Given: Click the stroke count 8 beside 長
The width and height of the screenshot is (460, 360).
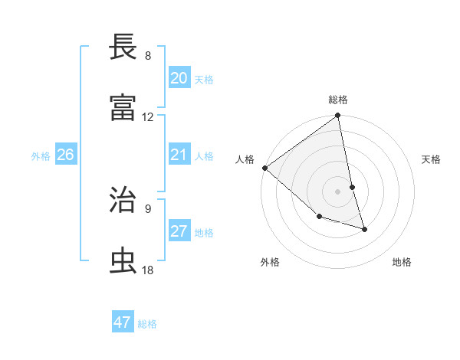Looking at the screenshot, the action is click(148, 56).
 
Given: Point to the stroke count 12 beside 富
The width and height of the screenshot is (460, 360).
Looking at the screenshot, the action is click(148, 117).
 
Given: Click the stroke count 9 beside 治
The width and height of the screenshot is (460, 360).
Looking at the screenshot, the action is click(148, 208).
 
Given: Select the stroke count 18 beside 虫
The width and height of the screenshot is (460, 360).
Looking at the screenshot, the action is click(148, 270).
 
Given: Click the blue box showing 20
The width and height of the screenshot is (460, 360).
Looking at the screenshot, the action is click(179, 78).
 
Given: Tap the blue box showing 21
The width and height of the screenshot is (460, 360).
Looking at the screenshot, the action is click(179, 155).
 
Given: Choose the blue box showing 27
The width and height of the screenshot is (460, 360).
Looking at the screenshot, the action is click(179, 231).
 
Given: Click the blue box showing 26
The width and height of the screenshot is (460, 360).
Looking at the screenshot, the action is click(65, 155).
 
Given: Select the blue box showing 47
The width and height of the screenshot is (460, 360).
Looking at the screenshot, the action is click(123, 322).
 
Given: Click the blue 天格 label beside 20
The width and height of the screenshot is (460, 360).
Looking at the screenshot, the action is click(204, 80).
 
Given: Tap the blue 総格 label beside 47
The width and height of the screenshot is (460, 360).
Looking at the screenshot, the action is click(148, 324).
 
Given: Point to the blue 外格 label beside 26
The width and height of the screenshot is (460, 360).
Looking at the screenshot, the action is click(41, 156).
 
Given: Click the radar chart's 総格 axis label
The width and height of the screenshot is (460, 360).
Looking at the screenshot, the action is click(338, 100).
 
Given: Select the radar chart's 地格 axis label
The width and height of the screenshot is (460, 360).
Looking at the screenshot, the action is click(402, 262).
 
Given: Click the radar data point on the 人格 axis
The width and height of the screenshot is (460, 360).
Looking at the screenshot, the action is click(264, 168).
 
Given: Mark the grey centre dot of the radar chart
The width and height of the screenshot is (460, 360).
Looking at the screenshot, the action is click(338, 191).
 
